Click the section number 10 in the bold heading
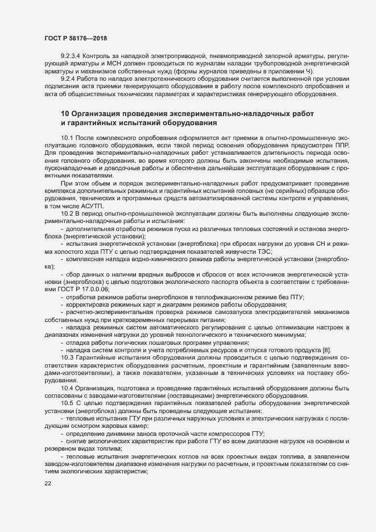65,114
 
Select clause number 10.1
67,138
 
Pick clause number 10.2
67,213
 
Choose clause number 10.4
67,388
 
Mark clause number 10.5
67,403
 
